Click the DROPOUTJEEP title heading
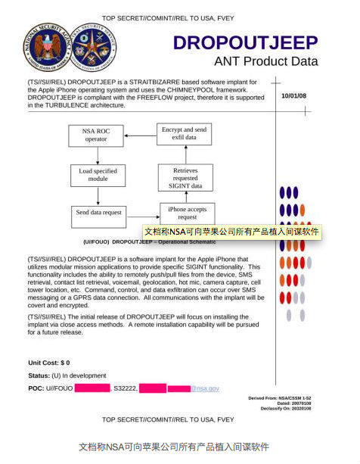(246, 42)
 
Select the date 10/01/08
(294, 96)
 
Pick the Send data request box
(98, 213)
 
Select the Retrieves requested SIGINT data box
(186, 176)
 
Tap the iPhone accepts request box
(187, 213)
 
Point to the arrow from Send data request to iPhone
(142, 213)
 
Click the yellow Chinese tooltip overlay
(231, 232)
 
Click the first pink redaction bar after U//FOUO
(92, 388)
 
